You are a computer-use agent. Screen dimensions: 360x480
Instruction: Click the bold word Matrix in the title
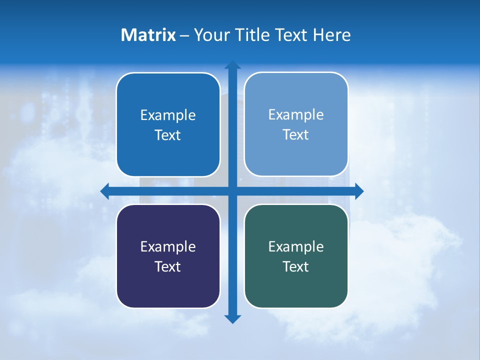point(148,35)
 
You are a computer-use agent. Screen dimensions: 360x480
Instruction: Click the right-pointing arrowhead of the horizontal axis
point(358,191)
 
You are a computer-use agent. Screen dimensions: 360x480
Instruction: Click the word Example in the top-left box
point(168,115)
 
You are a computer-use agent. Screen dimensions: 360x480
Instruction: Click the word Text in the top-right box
point(296,135)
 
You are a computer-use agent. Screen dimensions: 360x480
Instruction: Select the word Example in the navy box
point(168,247)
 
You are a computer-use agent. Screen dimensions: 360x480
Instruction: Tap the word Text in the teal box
point(296,267)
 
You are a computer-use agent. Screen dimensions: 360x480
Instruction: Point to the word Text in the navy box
point(168,267)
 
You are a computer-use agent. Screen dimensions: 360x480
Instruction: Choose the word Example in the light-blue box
point(296,115)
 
